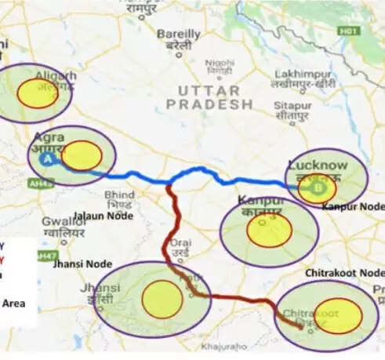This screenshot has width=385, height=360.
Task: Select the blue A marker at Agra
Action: tap(47, 158)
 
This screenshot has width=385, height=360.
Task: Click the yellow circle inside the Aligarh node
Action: tap(38, 93)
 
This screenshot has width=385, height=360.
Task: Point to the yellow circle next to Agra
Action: tap(82, 155)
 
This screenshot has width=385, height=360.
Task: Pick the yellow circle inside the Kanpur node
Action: tap(269, 229)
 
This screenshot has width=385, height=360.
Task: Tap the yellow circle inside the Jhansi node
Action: tap(162, 299)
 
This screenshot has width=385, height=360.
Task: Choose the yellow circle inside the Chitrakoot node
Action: tap(338, 315)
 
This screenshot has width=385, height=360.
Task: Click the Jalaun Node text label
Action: tap(103, 215)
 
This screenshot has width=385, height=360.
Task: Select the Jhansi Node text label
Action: tap(82, 264)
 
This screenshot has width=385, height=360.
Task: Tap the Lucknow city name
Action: tap(317, 165)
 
